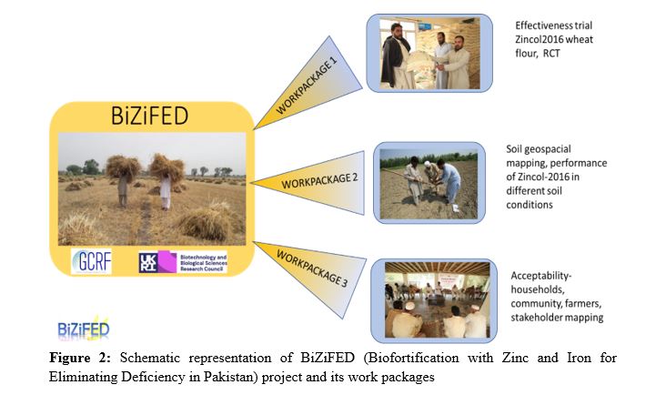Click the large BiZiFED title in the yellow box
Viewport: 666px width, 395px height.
pos(149,116)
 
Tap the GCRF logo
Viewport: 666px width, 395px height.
pos(91,261)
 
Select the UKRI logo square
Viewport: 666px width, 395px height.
pos(148,262)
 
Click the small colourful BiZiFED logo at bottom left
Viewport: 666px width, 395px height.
pos(84,329)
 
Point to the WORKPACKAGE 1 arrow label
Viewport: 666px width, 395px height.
pos(307,86)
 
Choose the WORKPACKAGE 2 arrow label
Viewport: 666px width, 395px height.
pos(319,181)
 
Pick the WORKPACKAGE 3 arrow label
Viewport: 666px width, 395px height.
pos(312,268)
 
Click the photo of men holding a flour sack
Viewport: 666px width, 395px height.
pos(429,54)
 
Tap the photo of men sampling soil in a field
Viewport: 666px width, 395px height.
pos(429,184)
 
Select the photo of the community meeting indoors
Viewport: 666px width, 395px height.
pos(438,299)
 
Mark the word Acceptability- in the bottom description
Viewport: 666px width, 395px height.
pos(541,276)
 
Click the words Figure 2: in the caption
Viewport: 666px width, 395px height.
pos(80,358)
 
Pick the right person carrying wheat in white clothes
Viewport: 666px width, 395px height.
pos(166,182)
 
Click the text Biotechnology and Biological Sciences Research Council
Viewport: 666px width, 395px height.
pos(203,263)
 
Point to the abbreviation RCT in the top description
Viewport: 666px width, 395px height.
pos(551,54)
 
